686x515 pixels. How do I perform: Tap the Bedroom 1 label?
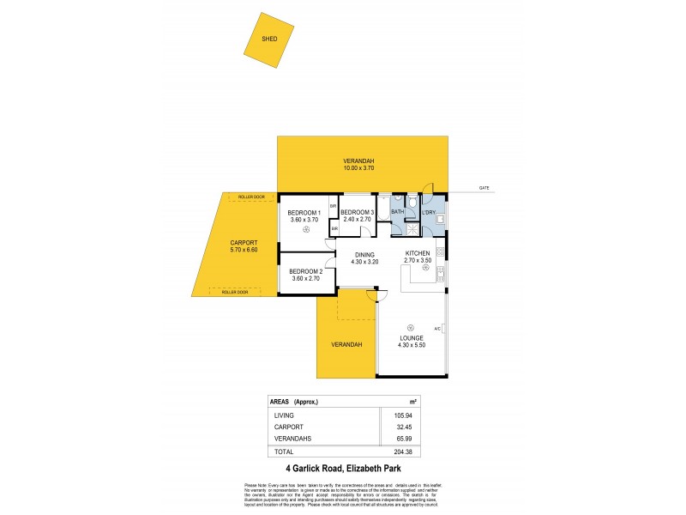(304, 212)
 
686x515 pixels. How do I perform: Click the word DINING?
(365, 254)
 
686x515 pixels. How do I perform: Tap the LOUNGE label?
(411, 338)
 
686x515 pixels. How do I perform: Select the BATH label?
(397, 212)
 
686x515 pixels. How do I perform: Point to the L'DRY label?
(429, 212)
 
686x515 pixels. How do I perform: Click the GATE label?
(484, 187)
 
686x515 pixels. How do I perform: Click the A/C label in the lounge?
(436, 330)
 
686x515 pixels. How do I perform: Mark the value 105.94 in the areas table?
(401, 415)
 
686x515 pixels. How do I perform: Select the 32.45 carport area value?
(401, 427)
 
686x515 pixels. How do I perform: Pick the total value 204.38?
(401, 451)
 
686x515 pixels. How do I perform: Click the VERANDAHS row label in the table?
(292, 439)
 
